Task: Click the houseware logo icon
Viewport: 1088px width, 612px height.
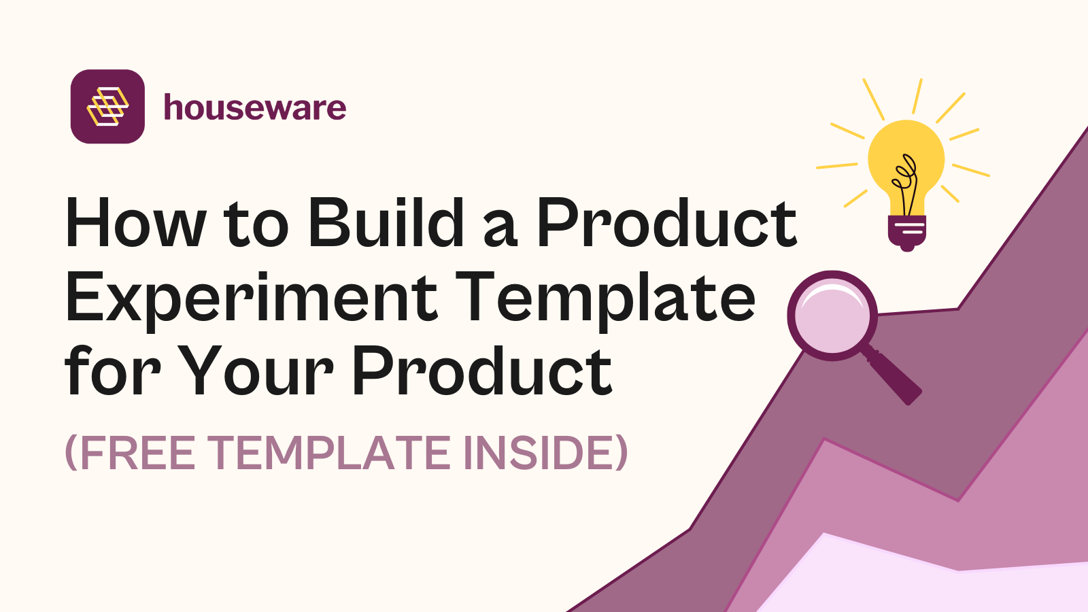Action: tap(107, 107)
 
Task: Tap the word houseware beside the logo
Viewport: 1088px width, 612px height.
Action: tap(255, 108)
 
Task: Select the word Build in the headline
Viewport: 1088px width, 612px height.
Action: tap(386, 224)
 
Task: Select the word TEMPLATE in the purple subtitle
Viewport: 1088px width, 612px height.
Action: tap(329, 453)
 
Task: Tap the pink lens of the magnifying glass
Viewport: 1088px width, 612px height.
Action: tap(832, 316)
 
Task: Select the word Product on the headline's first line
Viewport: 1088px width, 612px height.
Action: tap(666, 224)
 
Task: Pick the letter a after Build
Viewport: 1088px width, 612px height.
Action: tap(500, 230)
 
